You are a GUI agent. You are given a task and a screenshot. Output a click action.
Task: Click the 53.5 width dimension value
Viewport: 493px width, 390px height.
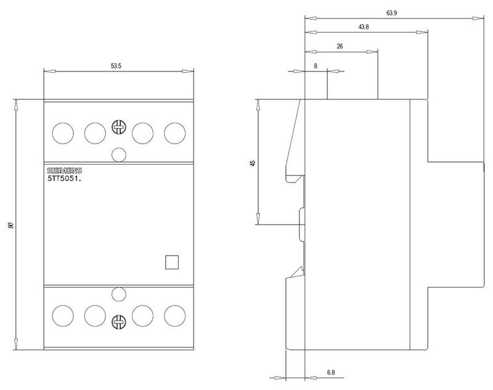[116, 66]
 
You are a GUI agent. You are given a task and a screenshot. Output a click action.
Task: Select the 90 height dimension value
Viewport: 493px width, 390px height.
[11, 225]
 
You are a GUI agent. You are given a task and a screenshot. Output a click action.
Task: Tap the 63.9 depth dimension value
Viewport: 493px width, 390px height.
[392, 13]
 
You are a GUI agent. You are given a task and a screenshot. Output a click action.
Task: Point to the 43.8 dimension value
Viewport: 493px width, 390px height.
[364, 27]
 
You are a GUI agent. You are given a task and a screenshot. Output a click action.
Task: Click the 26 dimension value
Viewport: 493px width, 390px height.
[340, 46]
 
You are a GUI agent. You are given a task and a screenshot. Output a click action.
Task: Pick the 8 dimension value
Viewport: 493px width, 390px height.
[316, 66]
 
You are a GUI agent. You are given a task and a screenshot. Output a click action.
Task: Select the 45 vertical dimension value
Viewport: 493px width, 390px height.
[253, 163]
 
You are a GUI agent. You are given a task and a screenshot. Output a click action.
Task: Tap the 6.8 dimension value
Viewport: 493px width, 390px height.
[331, 372]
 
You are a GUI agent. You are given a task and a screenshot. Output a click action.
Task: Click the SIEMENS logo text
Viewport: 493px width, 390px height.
[65, 171]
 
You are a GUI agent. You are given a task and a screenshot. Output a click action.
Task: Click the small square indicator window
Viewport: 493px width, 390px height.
[172, 262]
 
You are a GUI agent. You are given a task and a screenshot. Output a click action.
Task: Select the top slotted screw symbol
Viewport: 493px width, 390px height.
[119, 128]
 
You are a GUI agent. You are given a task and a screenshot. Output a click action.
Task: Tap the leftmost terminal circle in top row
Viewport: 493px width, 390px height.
[63, 133]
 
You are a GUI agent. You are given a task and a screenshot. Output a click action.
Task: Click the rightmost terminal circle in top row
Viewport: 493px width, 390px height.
[175, 133]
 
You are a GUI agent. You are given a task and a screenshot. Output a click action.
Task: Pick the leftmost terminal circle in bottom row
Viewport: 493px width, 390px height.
[63, 315]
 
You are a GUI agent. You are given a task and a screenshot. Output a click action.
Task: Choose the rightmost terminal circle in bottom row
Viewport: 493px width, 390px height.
[175, 315]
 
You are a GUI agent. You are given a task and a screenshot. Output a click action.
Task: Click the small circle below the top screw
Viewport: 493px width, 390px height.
[119, 155]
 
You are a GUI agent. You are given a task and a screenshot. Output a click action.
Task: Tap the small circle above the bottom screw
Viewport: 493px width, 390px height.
[119, 295]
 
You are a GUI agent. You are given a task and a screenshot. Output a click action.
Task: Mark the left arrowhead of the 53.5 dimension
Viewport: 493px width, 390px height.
[49, 71]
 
